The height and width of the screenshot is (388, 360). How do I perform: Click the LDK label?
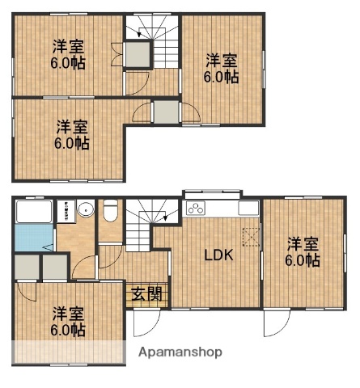tap(218, 255)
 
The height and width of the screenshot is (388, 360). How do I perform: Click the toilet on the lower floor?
tap(112, 211)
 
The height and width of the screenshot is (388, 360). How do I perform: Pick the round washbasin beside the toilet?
tap(85, 212)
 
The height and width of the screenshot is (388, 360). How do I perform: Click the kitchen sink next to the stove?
tap(247, 209)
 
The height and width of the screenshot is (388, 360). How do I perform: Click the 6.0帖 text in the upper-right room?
tap(221, 78)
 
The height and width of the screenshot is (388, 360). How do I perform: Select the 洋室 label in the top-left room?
tap(69, 46)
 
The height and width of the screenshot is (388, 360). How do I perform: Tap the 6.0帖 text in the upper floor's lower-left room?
tap(72, 143)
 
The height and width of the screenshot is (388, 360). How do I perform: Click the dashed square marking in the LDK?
tap(252, 235)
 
